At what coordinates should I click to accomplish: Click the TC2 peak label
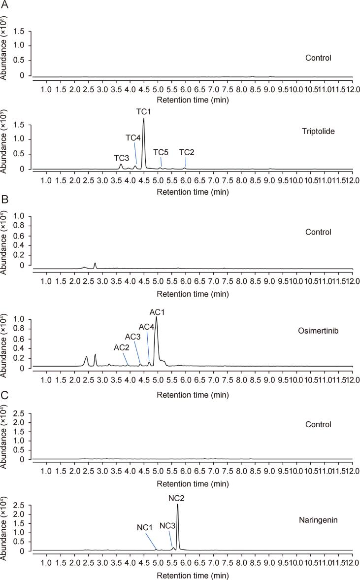(187, 152)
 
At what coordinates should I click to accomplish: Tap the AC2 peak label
(122, 347)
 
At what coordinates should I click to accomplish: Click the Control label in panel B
(317, 232)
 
